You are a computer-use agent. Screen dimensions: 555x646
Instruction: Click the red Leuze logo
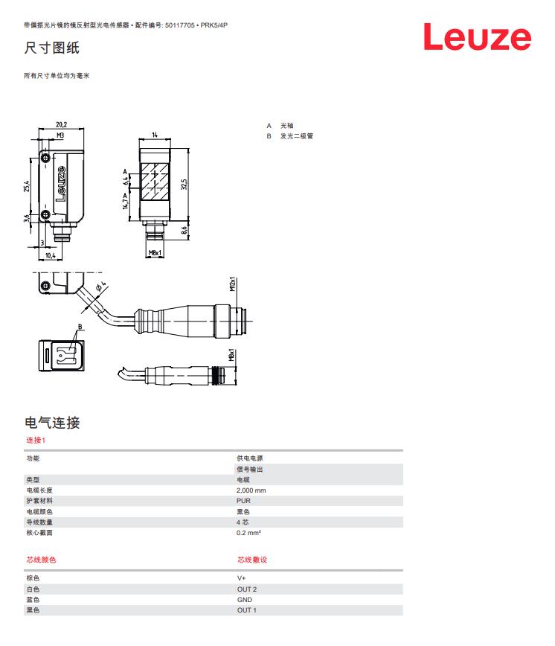(x=477, y=36)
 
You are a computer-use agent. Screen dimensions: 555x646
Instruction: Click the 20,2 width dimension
(x=61, y=124)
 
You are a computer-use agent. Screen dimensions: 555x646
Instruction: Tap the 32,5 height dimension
(x=184, y=184)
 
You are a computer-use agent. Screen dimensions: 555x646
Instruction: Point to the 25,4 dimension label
(x=26, y=186)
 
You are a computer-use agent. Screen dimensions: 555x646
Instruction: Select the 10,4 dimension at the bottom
(x=51, y=255)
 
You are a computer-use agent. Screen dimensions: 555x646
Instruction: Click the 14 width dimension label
(x=155, y=135)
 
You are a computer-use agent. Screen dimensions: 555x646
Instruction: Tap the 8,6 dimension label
(x=184, y=230)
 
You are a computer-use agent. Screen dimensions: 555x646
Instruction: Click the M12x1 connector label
(x=233, y=284)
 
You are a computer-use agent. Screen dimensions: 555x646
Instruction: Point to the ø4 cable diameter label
(x=101, y=286)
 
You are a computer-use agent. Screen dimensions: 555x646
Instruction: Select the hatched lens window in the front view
(x=155, y=182)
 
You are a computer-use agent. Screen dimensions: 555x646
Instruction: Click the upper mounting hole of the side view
(x=46, y=158)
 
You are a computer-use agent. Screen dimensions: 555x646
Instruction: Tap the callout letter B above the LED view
(x=80, y=327)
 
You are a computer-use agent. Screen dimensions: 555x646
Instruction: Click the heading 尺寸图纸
(x=51, y=48)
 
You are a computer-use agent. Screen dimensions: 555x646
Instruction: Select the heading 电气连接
(x=52, y=422)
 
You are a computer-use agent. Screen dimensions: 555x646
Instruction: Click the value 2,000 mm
(x=251, y=490)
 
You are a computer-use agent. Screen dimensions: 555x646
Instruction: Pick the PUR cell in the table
(x=243, y=501)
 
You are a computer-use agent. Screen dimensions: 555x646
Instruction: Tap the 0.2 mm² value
(x=248, y=533)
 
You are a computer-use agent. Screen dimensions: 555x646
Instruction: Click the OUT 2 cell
(x=246, y=589)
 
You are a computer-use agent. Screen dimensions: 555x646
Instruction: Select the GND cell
(x=245, y=599)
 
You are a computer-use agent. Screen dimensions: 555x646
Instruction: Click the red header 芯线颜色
(x=41, y=560)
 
